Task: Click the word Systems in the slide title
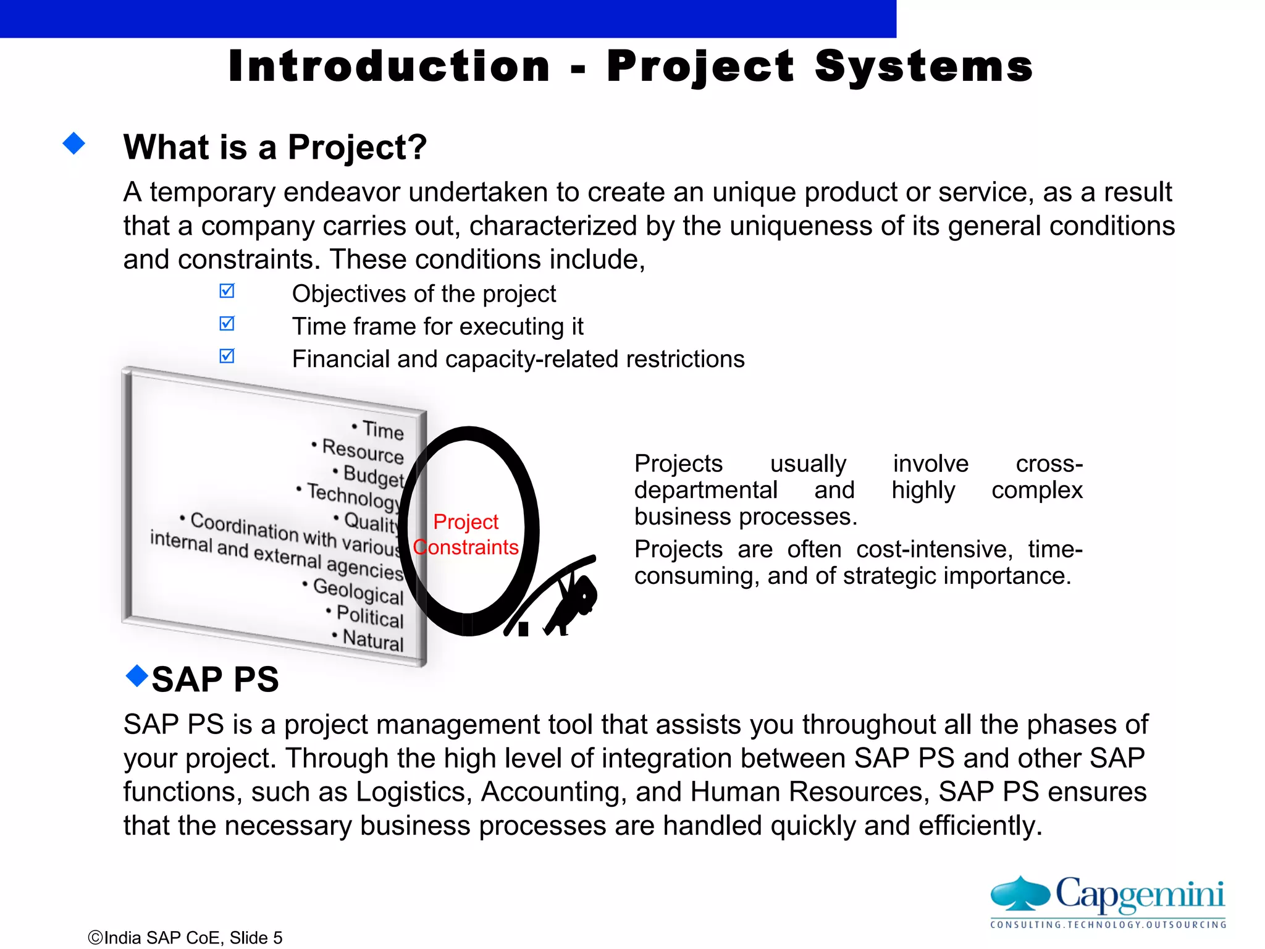(923, 67)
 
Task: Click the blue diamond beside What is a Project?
(74, 143)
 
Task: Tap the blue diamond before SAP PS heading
(137, 676)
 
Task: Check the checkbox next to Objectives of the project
(227, 290)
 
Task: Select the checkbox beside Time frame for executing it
(227, 323)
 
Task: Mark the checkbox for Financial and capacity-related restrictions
(227, 356)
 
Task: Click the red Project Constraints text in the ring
(466, 534)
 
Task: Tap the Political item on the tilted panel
(369, 616)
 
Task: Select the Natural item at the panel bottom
(372, 639)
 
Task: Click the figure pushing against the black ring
(571, 602)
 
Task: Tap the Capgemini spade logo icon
(1020, 894)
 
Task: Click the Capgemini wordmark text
(1140, 894)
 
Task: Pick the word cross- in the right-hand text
(1049, 463)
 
